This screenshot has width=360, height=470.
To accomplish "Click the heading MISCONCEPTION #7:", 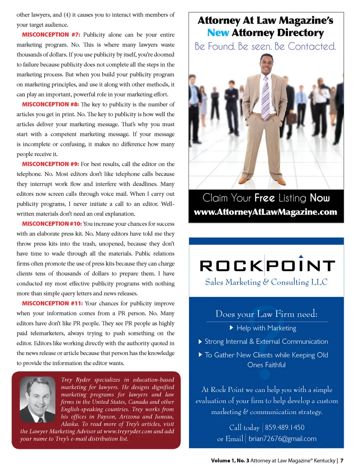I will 51,35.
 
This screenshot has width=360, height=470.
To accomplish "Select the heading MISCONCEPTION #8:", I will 50,104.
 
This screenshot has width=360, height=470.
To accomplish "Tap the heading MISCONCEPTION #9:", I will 50,164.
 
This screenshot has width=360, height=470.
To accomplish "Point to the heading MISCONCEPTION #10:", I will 52,224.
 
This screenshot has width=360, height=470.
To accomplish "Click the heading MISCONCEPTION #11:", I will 52,303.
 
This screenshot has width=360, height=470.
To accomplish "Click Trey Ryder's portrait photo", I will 37,400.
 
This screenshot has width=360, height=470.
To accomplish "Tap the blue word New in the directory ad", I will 218,33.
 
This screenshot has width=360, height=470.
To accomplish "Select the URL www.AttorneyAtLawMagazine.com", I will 265,212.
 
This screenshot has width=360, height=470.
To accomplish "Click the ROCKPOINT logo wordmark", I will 267,266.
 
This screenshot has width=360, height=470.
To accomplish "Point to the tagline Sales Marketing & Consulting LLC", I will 266,282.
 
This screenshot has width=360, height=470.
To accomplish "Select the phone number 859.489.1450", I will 285,427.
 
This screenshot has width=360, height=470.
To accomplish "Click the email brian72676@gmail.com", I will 282,439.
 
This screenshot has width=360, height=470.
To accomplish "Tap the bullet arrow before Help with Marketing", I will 232,328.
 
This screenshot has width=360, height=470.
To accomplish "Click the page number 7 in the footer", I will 342,461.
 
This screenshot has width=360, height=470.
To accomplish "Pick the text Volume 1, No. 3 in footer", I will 230,461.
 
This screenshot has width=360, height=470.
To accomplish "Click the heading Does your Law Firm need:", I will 266,314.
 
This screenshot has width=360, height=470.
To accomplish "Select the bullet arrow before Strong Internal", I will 200,341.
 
